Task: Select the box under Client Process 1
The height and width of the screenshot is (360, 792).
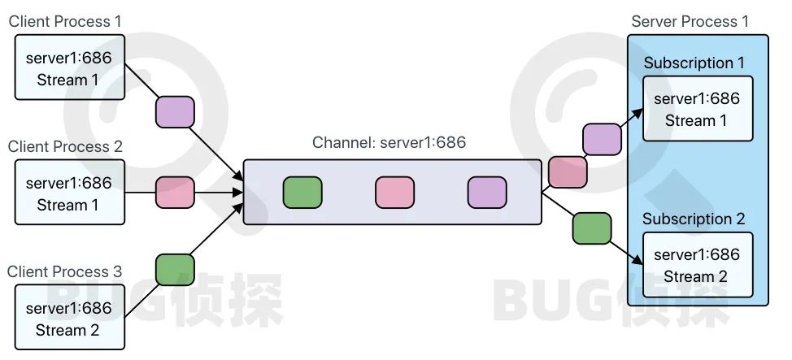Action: pos(69,68)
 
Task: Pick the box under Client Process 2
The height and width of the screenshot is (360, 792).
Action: pos(69,193)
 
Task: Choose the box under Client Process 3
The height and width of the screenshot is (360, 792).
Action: pos(69,319)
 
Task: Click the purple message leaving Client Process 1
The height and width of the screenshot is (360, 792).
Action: pos(175,111)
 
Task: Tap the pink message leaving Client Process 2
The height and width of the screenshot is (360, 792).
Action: pos(175,193)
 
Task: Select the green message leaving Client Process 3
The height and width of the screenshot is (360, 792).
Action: pos(175,270)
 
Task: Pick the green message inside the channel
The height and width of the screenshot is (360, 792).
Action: pos(302,193)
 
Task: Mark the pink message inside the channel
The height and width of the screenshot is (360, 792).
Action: pos(394,193)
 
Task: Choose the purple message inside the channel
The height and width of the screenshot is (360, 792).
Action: pos(487,193)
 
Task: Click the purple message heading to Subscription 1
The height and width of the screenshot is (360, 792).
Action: pos(602,139)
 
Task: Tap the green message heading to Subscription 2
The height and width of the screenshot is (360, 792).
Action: pos(592,228)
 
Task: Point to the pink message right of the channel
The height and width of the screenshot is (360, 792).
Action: pos(568,172)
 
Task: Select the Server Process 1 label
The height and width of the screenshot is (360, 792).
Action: pos(690,21)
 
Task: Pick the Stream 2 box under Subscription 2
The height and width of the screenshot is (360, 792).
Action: pos(697,266)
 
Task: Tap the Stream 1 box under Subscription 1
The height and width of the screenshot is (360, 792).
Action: pos(697,110)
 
